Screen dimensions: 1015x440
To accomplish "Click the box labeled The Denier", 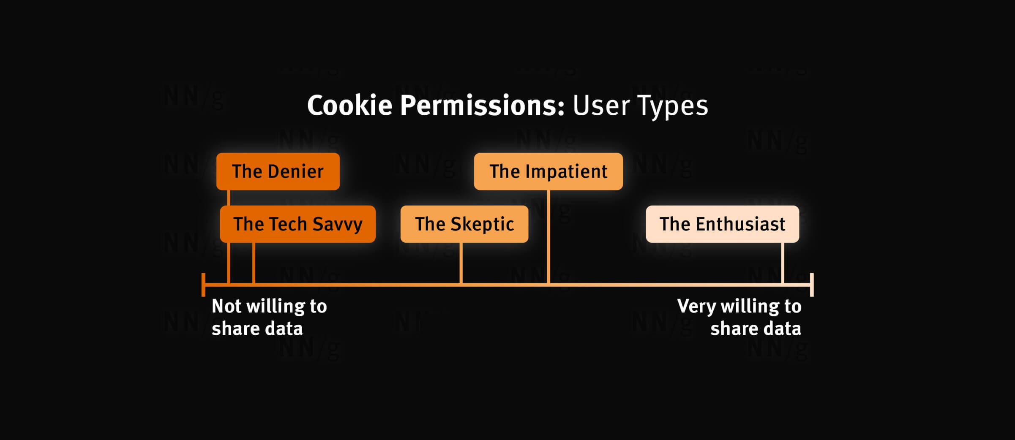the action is tap(278, 171).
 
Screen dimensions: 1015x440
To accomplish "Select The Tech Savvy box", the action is tap(298, 224).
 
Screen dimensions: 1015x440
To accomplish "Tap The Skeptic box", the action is tap(464, 224).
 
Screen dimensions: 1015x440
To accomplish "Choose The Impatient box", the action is tap(548, 171).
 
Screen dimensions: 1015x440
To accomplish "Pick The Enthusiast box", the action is tap(723, 224).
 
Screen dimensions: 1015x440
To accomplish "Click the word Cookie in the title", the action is tap(350, 105).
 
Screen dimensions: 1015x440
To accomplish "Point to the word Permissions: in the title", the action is tap(483, 105).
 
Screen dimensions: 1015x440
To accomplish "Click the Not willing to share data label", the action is tap(269, 317).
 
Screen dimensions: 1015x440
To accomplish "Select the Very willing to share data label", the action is tap(739, 317).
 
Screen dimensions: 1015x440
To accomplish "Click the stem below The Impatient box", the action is tap(548, 236).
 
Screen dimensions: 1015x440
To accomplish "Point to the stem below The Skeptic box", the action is tap(461, 263).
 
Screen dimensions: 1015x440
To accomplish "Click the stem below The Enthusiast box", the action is tap(783, 263).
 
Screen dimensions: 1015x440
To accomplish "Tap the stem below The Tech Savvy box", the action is tap(254, 263).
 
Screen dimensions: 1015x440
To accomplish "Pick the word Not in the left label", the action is tap(226, 306).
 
